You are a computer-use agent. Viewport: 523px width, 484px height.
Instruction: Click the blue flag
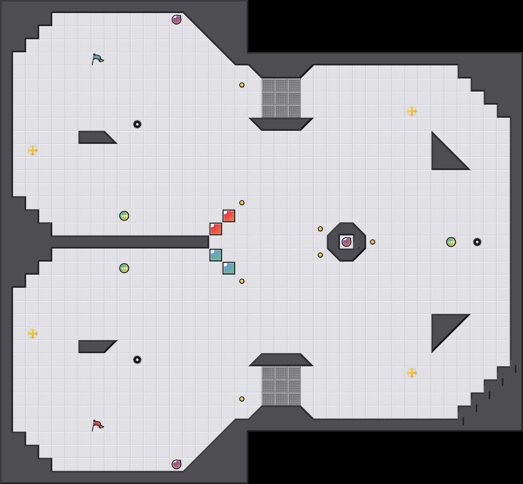(97, 59)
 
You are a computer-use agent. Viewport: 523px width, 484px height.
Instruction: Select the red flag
(97, 425)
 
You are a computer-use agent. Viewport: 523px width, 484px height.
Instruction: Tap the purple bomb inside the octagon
(346, 242)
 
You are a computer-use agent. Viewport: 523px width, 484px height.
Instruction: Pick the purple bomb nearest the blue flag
(177, 20)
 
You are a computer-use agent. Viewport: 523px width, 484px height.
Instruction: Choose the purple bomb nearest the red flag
(177, 464)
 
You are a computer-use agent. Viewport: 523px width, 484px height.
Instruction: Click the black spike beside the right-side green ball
(477, 242)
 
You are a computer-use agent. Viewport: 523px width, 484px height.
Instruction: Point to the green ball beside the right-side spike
(451, 242)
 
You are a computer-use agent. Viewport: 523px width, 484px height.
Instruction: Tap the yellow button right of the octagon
(373, 242)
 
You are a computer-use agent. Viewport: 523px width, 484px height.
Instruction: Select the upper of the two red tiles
(229, 216)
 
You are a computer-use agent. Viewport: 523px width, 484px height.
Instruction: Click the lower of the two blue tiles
(229, 268)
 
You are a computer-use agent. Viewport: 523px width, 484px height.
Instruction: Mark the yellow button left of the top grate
(242, 85)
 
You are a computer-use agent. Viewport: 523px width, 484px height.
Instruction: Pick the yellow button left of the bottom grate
(242, 399)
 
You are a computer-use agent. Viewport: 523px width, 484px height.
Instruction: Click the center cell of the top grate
(281, 98)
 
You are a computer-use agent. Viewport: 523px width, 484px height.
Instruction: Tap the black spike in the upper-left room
(137, 124)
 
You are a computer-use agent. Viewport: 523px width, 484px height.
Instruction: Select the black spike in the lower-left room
(137, 360)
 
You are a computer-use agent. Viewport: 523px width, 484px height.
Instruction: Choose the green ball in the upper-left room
(124, 216)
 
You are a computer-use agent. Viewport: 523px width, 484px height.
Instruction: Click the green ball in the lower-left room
(124, 268)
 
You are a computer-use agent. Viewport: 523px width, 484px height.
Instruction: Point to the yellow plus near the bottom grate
(412, 373)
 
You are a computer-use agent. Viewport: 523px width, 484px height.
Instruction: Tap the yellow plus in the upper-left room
(33, 150)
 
